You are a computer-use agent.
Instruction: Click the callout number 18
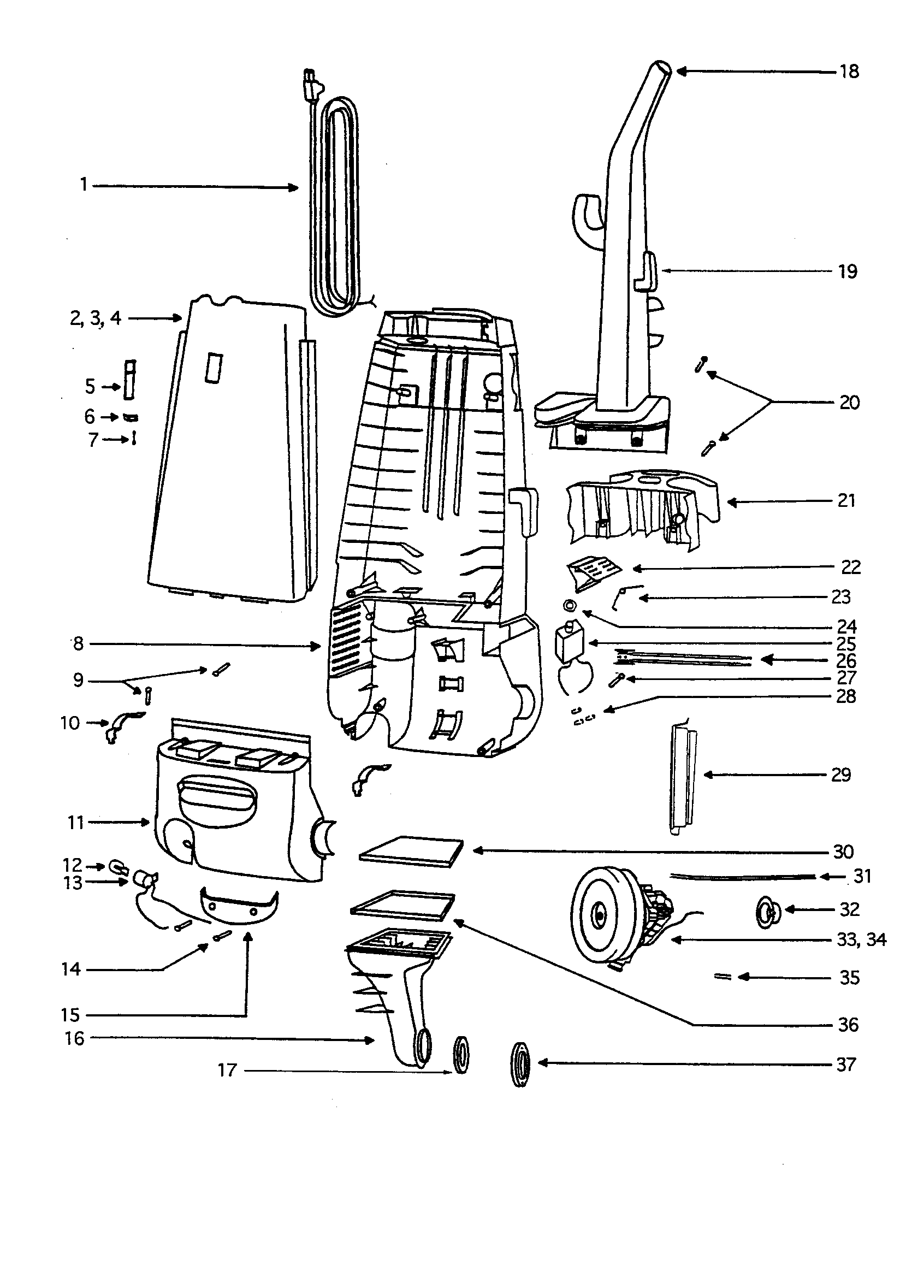pos(849,72)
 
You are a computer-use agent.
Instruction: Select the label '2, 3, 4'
pos(95,318)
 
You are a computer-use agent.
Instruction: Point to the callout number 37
pos(845,1065)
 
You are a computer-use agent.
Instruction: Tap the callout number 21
pos(846,500)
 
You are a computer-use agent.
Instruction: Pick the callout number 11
pos(76,823)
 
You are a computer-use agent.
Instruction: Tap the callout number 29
pos(841,775)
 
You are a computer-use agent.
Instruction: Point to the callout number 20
pos(849,402)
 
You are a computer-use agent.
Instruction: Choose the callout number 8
pos(78,644)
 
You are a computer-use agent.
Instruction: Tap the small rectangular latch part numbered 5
pos(129,379)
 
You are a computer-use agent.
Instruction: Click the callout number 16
pos(74,1038)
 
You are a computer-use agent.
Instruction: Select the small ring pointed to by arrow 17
pos(461,1055)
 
